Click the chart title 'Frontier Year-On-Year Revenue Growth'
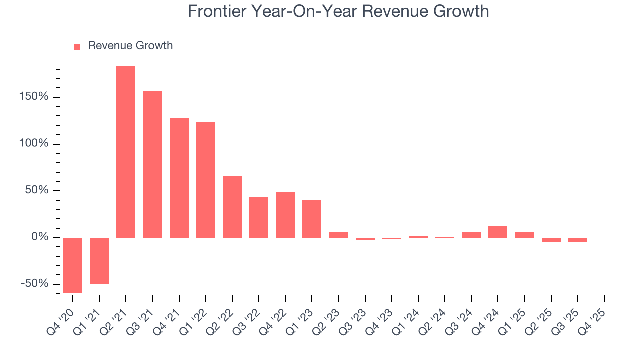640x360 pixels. [x=338, y=11]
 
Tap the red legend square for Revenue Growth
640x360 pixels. [x=77, y=47]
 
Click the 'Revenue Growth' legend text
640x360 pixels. [x=130, y=46]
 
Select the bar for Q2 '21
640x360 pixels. [x=126, y=152]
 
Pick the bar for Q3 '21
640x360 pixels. [x=152, y=164]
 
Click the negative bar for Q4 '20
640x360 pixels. [x=73, y=265]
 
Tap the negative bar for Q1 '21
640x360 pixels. [x=99, y=261]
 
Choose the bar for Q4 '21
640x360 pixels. [x=179, y=178]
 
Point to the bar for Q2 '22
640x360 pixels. [x=232, y=207]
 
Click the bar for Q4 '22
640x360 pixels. [x=285, y=215]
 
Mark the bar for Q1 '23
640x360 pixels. [x=312, y=219]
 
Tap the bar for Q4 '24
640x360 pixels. [x=498, y=232]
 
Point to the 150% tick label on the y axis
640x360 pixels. [x=34, y=97]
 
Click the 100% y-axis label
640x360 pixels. [x=34, y=144]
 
